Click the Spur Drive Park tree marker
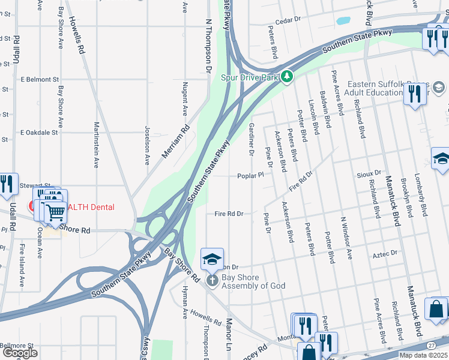point(288,77)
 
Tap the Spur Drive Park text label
point(250,77)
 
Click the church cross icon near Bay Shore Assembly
point(211,280)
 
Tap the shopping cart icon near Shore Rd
point(55,211)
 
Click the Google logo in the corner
point(20,353)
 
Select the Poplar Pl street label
point(250,176)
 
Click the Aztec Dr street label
point(385,254)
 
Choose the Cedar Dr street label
point(288,20)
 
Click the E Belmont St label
point(40,79)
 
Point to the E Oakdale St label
point(39,132)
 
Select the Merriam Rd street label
point(176,142)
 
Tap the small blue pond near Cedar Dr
point(343,20)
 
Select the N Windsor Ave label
point(347,237)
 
